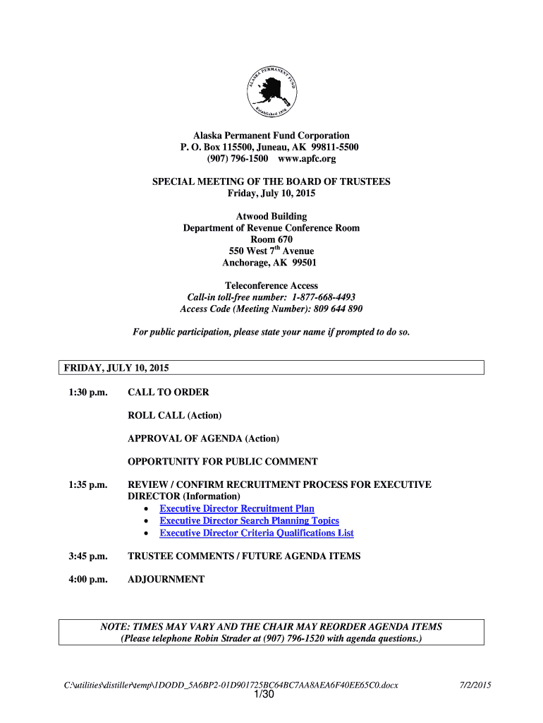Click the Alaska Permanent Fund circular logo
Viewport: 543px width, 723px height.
point(271,90)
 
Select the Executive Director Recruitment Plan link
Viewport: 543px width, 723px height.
point(237,509)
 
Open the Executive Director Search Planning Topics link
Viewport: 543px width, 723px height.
point(249,521)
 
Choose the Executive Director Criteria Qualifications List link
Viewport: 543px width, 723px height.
point(257,533)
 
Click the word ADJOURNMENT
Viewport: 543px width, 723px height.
point(166,580)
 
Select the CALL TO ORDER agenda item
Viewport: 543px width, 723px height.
point(168,393)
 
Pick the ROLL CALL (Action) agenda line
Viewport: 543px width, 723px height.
point(174,415)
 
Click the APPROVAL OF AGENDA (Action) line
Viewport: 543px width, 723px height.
point(203,438)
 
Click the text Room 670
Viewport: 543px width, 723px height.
point(271,239)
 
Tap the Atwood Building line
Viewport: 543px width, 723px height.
point(271,217)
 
